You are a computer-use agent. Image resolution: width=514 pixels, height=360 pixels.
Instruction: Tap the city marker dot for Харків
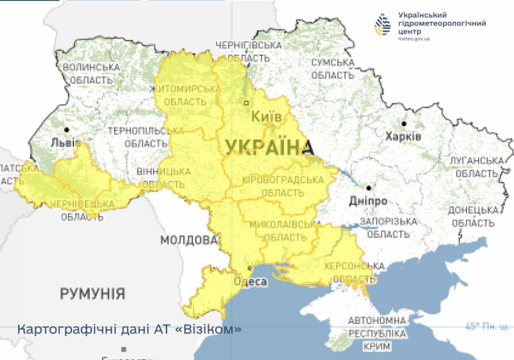point(403,123)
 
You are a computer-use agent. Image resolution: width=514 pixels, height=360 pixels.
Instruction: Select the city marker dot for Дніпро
point(368,188)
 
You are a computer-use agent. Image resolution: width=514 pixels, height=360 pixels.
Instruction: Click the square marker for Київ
point(245,103)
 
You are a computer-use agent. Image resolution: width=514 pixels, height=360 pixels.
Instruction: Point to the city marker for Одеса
point(250,268)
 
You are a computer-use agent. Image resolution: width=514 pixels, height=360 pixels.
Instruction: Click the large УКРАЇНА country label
point(264,147)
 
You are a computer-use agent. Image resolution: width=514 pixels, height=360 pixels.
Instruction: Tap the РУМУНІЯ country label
point(93,294)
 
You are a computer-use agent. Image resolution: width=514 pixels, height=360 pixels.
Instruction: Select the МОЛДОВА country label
point(189,240)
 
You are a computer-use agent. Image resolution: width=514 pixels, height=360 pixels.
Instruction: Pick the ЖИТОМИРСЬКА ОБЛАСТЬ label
point(185,95)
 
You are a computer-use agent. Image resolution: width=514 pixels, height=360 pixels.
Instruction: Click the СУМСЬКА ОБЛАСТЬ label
point(332,69)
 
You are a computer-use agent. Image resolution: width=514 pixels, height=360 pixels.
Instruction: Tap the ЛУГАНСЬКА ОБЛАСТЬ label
point(475,167)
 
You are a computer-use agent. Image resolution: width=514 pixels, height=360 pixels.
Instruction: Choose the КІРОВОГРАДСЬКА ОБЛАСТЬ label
point(283,186)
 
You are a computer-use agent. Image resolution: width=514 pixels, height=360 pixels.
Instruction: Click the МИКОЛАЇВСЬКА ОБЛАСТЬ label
point(282,231)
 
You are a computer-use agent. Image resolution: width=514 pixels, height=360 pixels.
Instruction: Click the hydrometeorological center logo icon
point(382,25)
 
